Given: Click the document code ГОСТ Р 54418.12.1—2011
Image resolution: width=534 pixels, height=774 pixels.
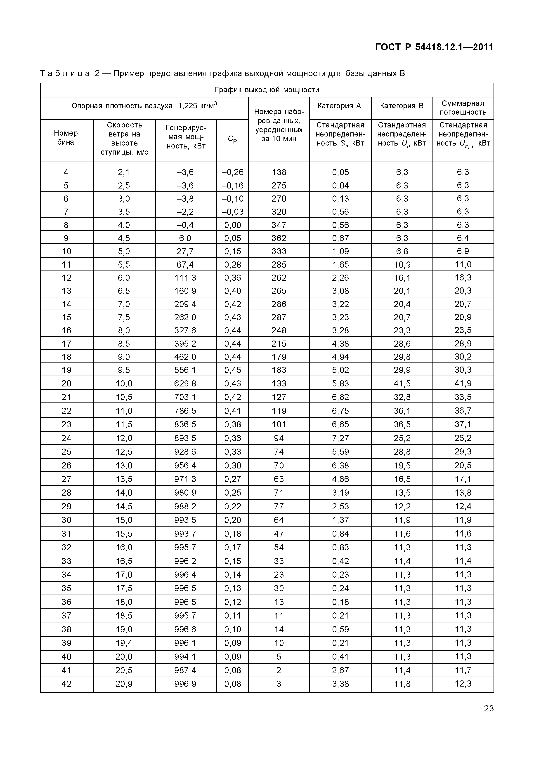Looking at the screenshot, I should [434, 47].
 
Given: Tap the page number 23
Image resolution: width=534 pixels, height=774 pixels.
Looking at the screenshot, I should [489, 709].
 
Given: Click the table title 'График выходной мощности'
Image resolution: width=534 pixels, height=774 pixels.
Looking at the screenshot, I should [267, 90].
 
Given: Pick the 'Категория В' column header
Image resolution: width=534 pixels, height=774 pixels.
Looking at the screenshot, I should [402, 106].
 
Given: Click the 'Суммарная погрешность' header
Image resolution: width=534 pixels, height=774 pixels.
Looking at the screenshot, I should [463, 108].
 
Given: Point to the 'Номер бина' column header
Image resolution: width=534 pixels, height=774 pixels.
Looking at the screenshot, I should [66, 137].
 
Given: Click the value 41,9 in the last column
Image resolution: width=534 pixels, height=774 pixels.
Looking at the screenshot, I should [463, 383].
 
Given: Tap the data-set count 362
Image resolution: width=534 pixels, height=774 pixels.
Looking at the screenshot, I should [279, 238].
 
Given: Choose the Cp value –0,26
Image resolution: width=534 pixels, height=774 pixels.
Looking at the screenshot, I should [233, 172].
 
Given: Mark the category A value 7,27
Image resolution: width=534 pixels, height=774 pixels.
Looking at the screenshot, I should [340, 438].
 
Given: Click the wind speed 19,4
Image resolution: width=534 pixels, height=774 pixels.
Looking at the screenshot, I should [124, 643].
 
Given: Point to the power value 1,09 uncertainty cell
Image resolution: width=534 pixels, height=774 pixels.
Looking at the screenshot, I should [340, 251].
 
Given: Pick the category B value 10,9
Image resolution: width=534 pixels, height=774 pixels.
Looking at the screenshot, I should [402, 265].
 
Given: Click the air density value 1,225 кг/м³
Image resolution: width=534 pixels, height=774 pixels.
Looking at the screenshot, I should [197, 106].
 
